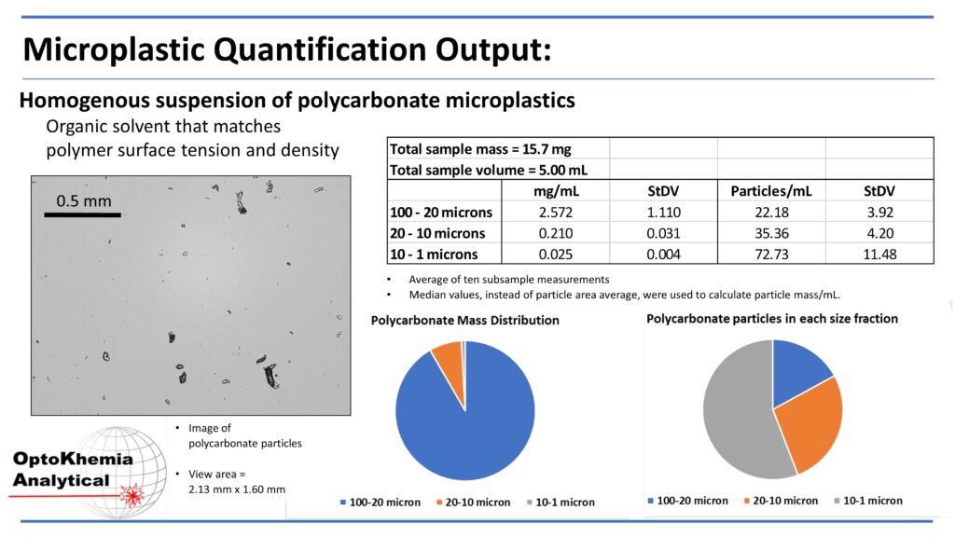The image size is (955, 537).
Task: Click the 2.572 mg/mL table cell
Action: pos(556,212)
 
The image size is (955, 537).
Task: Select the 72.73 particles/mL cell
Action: pos(771,254)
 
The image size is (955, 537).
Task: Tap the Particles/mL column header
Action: pos(771,191)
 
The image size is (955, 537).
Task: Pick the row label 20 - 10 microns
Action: pos(437,233)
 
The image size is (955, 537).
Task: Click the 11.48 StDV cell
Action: pos(879,254)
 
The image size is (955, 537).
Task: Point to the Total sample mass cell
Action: pos(480,149)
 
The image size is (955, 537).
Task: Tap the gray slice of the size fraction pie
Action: pos(740,414)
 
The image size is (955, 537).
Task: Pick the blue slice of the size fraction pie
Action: pos(798,371)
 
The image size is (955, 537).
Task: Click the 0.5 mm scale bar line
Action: pos(82,215)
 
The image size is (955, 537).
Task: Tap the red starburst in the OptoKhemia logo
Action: pos(132,495)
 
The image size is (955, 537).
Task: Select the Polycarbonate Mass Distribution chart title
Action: pos(464,321)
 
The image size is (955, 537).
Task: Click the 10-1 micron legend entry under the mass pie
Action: pos(561,503)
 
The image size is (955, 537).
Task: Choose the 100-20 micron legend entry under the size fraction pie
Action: pos(687,501)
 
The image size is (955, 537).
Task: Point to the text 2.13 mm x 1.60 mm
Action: pos(237,489)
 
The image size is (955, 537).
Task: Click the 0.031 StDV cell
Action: pos(663,233)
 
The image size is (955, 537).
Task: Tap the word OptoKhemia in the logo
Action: pos(73,459)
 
